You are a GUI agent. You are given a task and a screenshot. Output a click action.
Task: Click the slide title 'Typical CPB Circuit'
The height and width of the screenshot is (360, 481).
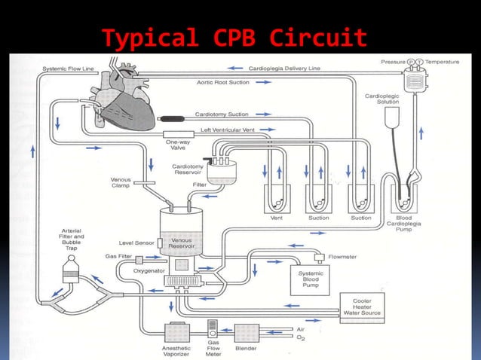click(234, 37)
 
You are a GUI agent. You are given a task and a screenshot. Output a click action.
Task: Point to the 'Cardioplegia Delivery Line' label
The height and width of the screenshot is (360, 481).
click(284, 68)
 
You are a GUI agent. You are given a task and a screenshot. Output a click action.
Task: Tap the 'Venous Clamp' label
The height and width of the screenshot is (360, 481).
click(121, 183)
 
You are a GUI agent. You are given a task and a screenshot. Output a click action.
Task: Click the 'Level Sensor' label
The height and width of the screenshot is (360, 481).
click(136, 243)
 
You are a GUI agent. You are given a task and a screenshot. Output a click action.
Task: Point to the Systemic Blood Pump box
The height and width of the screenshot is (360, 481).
click(311, 280)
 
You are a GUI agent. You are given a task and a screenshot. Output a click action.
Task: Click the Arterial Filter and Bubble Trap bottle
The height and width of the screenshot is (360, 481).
click(73, 268)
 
